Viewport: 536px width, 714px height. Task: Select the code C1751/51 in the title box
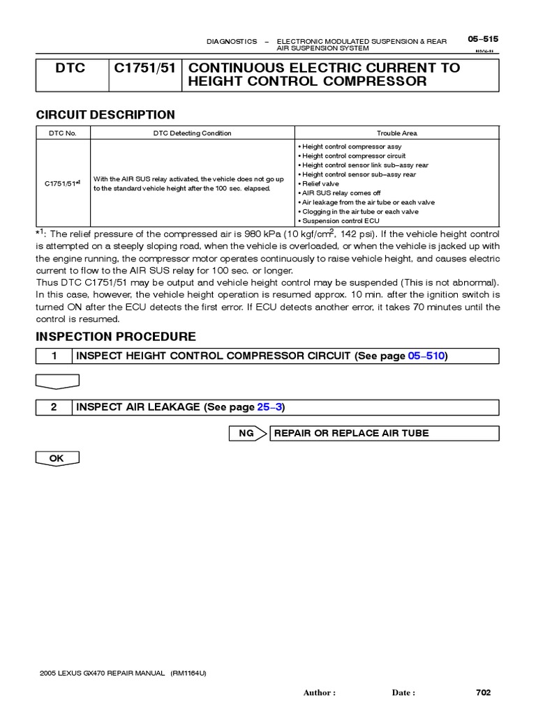(144, 68)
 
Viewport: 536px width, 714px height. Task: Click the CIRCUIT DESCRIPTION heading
(105, 115)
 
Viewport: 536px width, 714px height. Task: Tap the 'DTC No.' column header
(63, 133)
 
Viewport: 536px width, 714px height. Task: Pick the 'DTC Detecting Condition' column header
(192, 133)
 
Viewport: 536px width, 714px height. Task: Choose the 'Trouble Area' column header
(396, 133)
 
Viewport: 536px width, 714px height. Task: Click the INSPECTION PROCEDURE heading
(116, 337)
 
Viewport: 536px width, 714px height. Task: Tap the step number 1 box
(54, 356)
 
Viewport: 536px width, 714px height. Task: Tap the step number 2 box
(54, 407)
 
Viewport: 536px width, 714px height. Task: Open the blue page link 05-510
(426, 356)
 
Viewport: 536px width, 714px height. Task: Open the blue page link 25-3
(269, 407)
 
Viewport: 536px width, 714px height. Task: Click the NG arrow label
(247, 433)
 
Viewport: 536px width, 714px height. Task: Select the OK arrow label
(57, 458)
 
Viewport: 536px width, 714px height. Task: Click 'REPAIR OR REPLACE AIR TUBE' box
(351, 433)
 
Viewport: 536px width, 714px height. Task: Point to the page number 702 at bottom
(483, 692)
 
